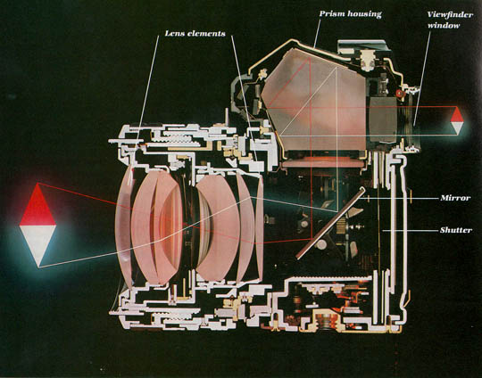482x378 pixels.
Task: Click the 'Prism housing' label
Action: click(350, 14)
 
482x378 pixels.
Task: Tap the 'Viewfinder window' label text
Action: click(450, 20)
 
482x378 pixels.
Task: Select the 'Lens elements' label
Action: click(195, 34)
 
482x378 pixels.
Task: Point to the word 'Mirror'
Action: click(455, 198)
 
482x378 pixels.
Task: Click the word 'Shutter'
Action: click(455, 230)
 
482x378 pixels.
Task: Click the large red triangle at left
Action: click(37, 204)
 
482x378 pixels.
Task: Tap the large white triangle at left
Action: click(37, 246)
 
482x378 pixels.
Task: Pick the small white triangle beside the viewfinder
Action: click(457, 127)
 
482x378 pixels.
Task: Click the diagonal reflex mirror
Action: click(331, 224)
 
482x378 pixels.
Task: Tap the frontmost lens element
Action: click(123, 226)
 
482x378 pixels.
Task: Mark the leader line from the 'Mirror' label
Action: click(400, 199)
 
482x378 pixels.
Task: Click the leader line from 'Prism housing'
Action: click(317, 34)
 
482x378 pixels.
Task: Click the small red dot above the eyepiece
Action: click(400, 94)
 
